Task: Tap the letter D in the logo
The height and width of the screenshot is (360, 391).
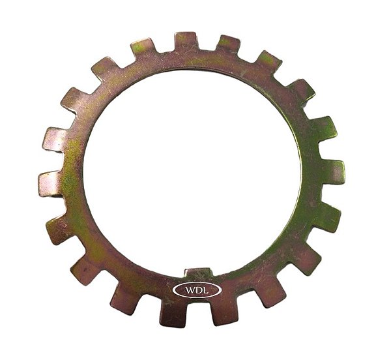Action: point(199,290)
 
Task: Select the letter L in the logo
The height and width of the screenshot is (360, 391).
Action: point(205,290)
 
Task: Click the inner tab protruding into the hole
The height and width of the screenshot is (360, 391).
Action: point(198,273)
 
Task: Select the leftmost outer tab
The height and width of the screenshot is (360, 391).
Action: point(51,184)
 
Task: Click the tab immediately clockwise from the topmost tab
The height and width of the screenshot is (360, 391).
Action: point(227,44)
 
